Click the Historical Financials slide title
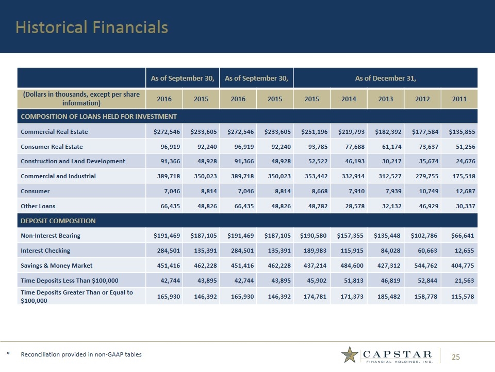(92, 27)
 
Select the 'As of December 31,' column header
(385, 79)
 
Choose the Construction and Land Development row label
(73, 161)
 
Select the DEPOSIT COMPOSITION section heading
(58, 221)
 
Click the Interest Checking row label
(45, 251)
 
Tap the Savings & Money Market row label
(57, 266)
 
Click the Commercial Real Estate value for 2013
(385, 131)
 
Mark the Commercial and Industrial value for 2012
(422, 176)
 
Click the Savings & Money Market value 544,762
(422, 266)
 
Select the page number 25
(455, 357)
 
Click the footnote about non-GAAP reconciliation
(81, 354)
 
